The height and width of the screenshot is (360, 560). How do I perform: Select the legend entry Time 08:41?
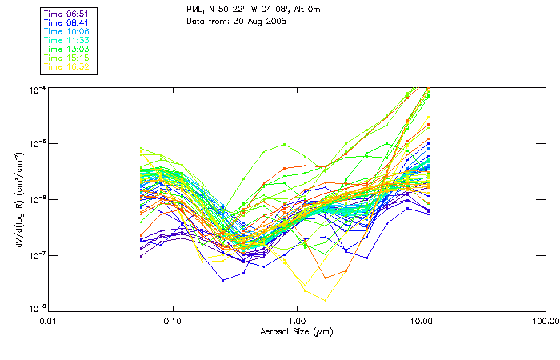coord(67,23)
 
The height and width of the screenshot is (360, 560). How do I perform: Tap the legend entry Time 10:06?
coord(67,32)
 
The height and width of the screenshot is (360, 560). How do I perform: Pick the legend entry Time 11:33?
coord(67,40)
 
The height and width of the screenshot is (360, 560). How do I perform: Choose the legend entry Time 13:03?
coord(67,49)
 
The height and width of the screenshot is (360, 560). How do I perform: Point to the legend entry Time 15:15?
coord(67,58)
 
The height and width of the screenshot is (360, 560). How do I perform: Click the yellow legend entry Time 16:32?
coord(67,66)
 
